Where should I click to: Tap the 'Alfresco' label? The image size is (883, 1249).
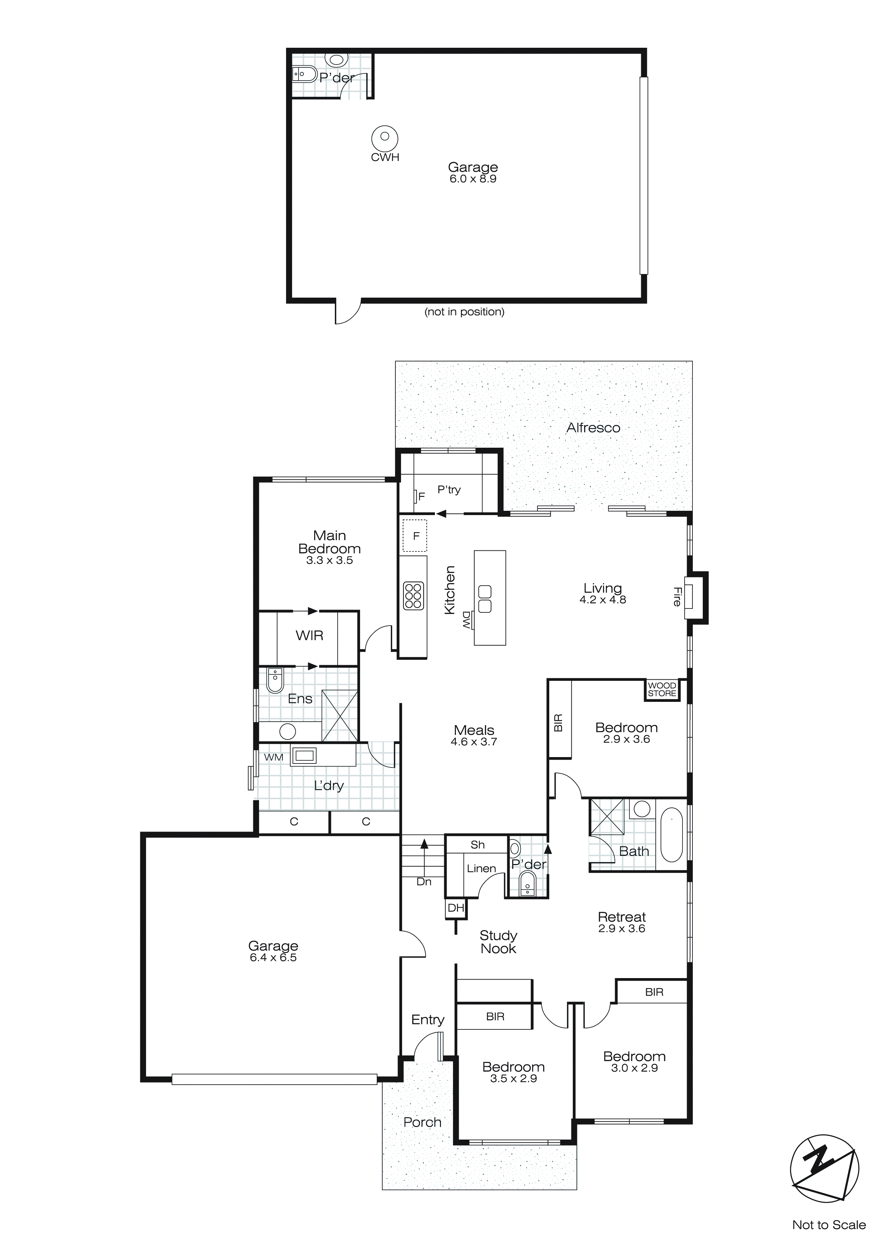pyautogui.click(x=593, y=428)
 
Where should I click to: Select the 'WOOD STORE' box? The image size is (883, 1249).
pyautogui.click(x=662, y=689)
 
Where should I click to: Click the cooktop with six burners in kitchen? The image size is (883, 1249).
pyautogui.click(x=413, y=596)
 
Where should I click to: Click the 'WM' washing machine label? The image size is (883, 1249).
pyautogui.click(x=274, y=757)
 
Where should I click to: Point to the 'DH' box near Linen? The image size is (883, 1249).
pyautogui.click(x=456, y=908)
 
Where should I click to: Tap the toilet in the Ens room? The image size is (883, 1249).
pyautogui.click(x=275, y=680)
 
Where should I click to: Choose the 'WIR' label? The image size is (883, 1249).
pyautogui.click(x=310, y=636)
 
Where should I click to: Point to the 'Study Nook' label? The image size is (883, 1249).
pyautogui.click(x=498, y=942)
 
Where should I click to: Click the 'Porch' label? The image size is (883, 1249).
pyautogui.click(x=422, y=1122)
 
